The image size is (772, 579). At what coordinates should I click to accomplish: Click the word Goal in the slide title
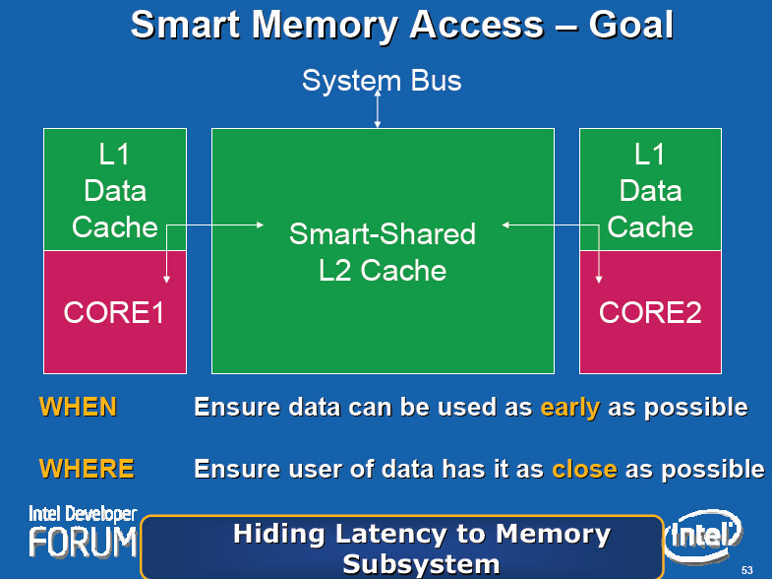(630, 26)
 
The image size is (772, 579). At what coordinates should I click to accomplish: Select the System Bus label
(382, 81)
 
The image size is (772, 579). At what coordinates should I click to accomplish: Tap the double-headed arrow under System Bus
(378, 109)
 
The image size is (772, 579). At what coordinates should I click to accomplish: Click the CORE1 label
(114, 312)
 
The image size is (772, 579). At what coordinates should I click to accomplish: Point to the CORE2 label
(650, 312)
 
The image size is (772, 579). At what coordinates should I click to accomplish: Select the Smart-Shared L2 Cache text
(383, 252)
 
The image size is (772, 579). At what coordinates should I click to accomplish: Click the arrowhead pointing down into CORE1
(166, 280)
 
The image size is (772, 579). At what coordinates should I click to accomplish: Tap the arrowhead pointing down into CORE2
(599, 280)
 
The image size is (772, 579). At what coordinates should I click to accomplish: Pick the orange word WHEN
(78, 407)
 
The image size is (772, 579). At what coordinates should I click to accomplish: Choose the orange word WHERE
(87, 468)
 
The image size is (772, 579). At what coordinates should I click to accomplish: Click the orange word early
(570, 408)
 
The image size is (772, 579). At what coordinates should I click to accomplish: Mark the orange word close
(584, 469)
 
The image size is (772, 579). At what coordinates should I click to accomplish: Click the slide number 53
(746, 570)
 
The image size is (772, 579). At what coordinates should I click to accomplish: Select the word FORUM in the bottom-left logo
(83, 542)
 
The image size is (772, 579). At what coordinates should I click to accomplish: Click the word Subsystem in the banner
(422, 564)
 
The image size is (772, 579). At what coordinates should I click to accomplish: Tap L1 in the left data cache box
(114, 155)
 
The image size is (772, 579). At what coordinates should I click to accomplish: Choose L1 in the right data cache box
(649, 155)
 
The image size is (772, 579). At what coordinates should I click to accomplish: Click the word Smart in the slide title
(186, 26)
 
